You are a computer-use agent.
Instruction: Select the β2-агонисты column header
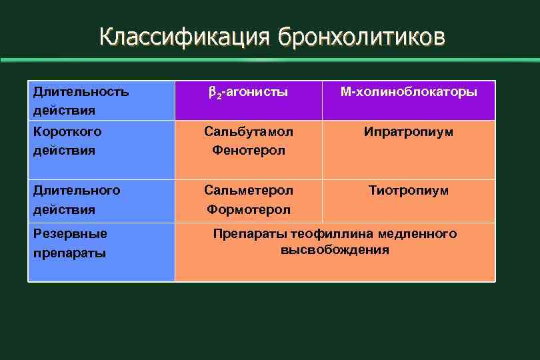(248, 92)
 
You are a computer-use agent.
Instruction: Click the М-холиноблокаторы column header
(409, 91)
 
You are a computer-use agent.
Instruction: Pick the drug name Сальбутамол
(248, 131)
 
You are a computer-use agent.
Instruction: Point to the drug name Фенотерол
(248, 151)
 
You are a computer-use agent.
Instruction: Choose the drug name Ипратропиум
(409, 131)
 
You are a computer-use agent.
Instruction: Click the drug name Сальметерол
(248, 190)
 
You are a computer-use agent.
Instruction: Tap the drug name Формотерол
(248, 209)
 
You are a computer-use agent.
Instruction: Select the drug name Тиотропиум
(409, 190)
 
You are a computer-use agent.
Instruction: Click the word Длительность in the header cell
(81, 91)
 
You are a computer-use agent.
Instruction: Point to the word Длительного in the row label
(77, 190)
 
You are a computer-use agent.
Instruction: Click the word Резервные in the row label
(70, 233)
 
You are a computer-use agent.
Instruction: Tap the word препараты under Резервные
(69, 253)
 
